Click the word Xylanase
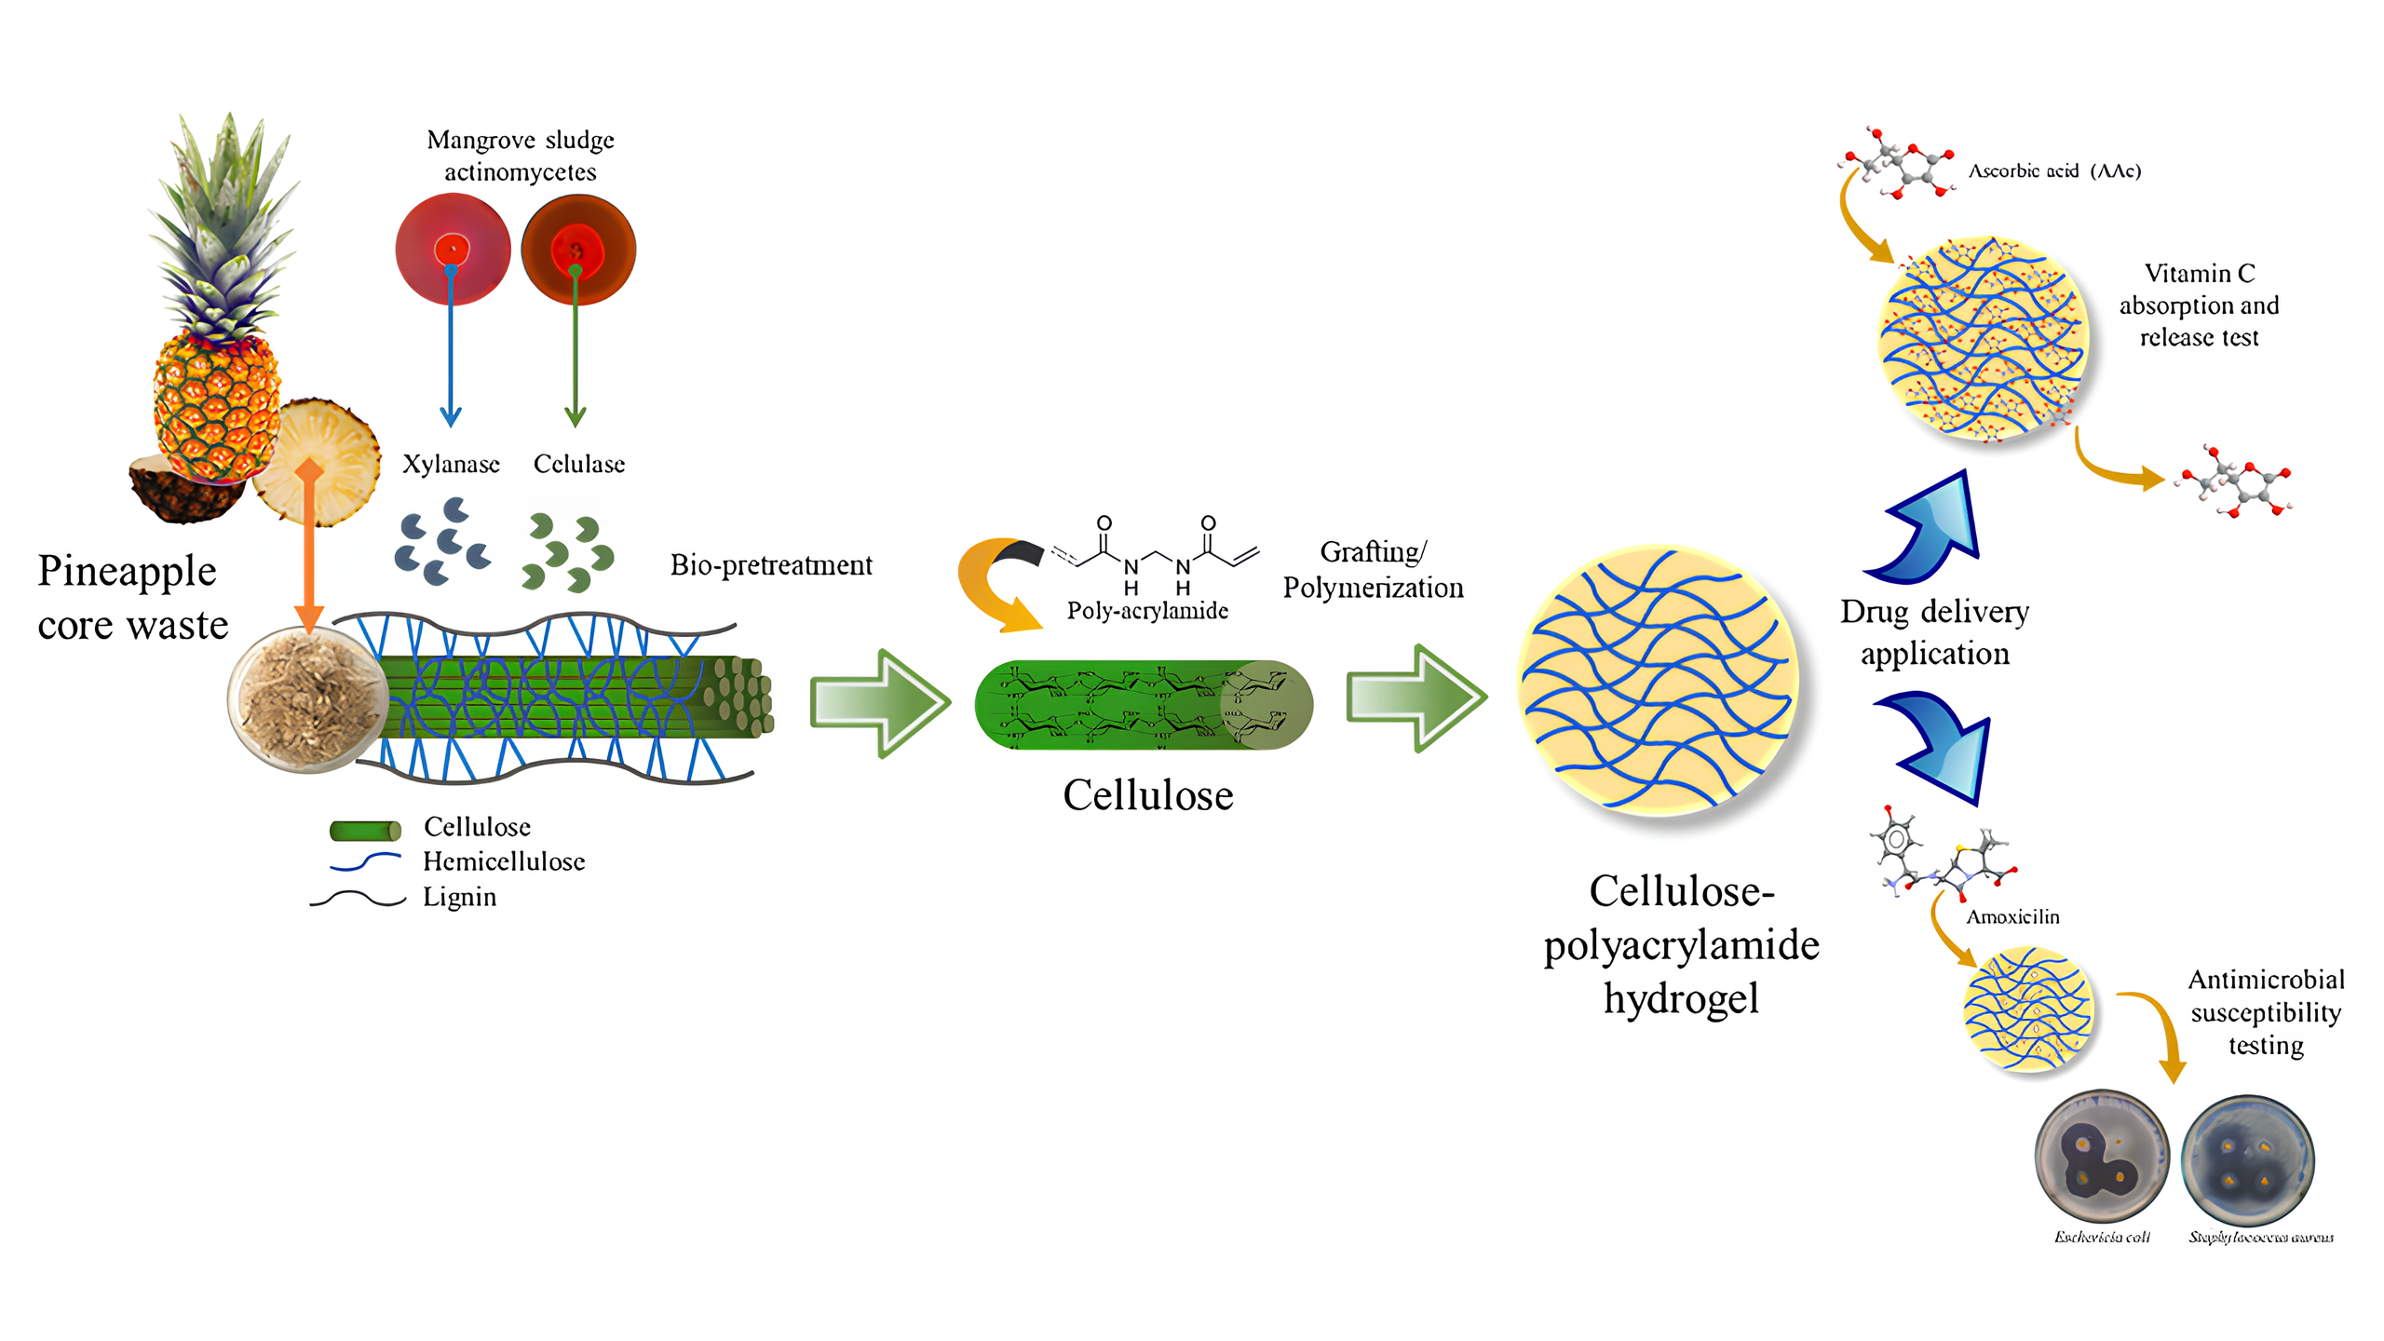tap(451, 464)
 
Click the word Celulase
tap(578, 464)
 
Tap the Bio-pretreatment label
tap(771, 564)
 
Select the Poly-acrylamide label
tap(1147, 610)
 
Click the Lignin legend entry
tap(459, 897)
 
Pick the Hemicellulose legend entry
tap(504, 861)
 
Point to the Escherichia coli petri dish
tap(2101, 1158)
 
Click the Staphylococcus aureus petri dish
tap(2247, 1160)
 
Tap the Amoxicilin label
tap(2012, 917)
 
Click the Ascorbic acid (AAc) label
tap(2054, 171)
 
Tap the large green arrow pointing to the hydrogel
tap(1415, 698)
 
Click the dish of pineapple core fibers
tap(307, 698)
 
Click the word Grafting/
tap(1373, 552)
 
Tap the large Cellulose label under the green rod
tap(1147, 795)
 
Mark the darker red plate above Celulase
tap(578, 250)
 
